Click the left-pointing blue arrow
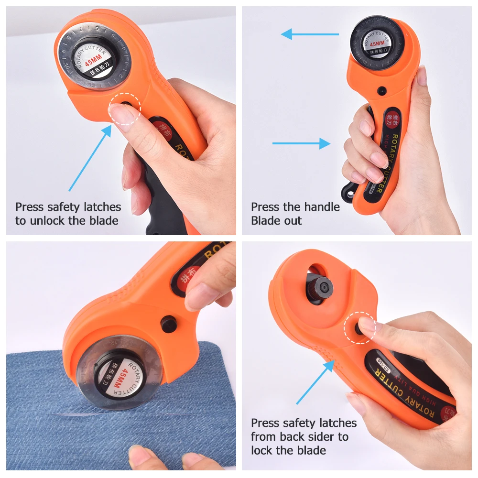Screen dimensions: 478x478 pyautogui.click(x=309, y=34)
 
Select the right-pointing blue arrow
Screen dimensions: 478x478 pyautogui.click(x=301, y=143)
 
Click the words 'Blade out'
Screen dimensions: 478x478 pyautogui.click(x=276, y=221)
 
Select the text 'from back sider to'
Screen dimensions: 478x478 pyautogui.click(x=300, y=436)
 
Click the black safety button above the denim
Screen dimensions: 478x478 pyautogui.click(x=168, y=324)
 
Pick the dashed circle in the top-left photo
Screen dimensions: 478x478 pyautogui.click(x=124, y=109)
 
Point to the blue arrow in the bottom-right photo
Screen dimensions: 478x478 pyautogui.click(x=315, y=382)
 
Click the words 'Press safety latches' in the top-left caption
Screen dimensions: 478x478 pyautogui.click(x=68, y=207)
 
